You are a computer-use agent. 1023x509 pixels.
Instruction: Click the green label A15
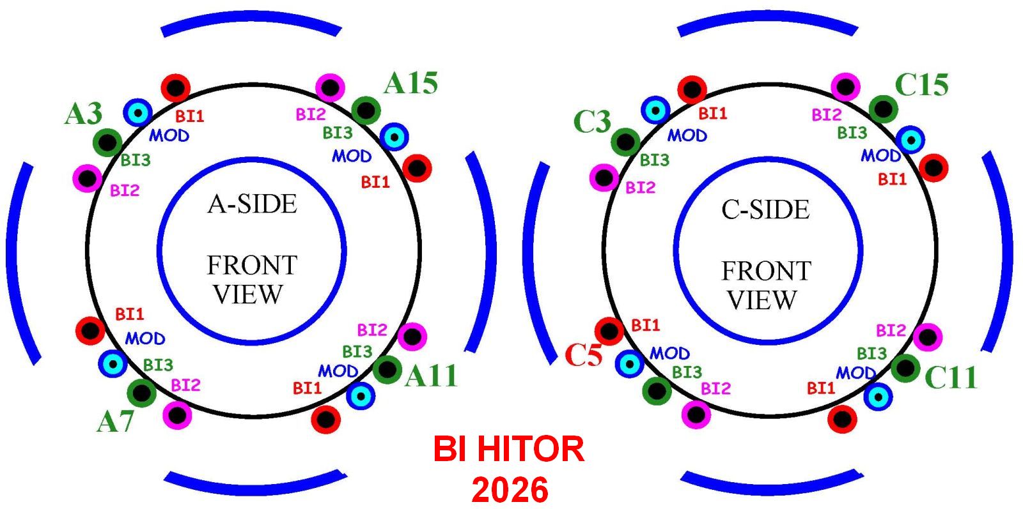[411, 83]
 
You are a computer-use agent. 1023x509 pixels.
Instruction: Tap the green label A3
[84, 114]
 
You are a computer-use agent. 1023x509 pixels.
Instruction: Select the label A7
[115, 422]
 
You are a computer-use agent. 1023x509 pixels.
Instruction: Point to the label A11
[432, 376]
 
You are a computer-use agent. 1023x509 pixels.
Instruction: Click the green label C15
[921, 84]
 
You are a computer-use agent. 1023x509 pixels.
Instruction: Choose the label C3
[592, 121]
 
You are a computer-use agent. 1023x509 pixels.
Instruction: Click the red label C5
[583, 355]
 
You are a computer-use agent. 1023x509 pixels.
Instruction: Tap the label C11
[951, 378]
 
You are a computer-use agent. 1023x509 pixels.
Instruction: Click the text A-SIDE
[253, 204]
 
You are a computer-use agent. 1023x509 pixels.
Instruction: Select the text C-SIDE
[765, 210]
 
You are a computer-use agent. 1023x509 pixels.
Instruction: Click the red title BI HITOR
[509, 449]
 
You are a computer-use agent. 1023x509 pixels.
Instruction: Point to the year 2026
[510, 490]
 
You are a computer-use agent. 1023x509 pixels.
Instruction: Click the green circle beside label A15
[366, 110]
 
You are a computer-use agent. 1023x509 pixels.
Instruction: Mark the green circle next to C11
[905, 367]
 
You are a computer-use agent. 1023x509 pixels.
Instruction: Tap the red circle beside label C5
[609, 331]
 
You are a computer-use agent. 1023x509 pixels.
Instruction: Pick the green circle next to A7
[141, 393]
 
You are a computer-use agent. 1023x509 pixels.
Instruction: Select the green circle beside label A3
[107, 142]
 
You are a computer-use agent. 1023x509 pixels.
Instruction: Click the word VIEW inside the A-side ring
[248, 294]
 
